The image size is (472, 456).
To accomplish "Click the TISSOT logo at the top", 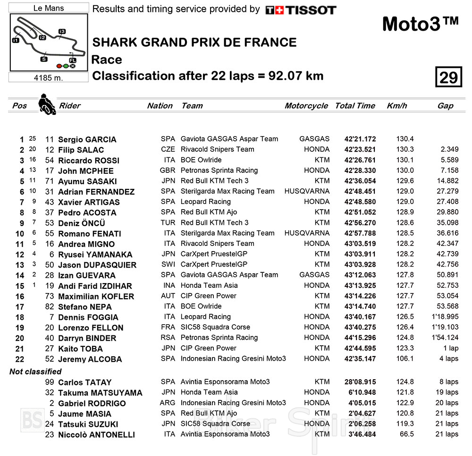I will (301, 10).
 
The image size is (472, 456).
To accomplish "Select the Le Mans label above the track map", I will (49, 8).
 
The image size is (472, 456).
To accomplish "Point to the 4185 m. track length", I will (49, 78).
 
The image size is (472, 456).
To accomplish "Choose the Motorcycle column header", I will (306, 106).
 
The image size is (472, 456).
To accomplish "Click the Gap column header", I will (445, 106).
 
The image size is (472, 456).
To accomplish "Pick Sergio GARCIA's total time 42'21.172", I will (360, 139).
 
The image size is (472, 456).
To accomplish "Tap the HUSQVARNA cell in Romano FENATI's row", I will (307, 233).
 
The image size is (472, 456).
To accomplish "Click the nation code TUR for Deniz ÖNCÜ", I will (168, 223).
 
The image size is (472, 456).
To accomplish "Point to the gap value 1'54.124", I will (445, 338).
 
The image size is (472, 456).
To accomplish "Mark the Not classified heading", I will (35, 372).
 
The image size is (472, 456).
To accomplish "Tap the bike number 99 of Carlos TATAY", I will (49, 382).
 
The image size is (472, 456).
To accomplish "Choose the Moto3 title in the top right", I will (420, 24).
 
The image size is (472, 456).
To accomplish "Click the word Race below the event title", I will (107, 60).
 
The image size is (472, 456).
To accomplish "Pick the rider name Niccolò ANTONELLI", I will (96, 434).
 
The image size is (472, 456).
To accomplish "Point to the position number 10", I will (19, 234).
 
